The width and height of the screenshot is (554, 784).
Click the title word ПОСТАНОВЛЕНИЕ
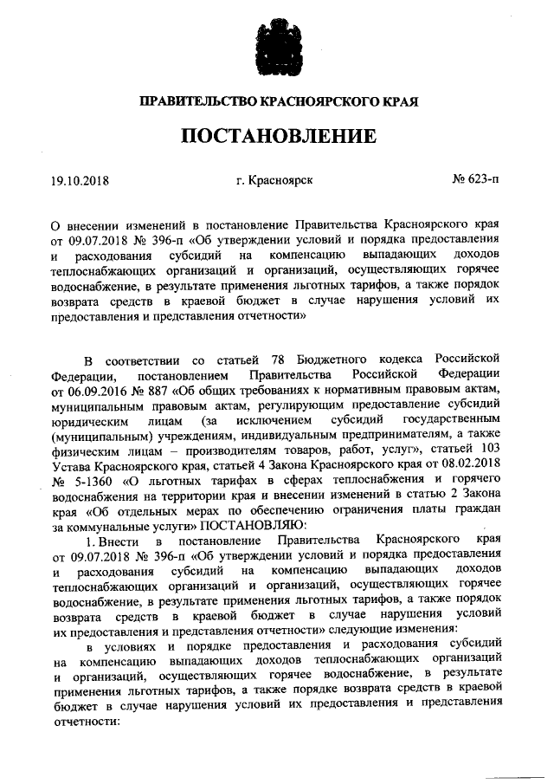(x=277, y=136)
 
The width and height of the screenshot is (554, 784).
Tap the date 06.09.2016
(x=104, y=390)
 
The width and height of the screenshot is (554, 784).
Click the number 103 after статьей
(x=489, y=452)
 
